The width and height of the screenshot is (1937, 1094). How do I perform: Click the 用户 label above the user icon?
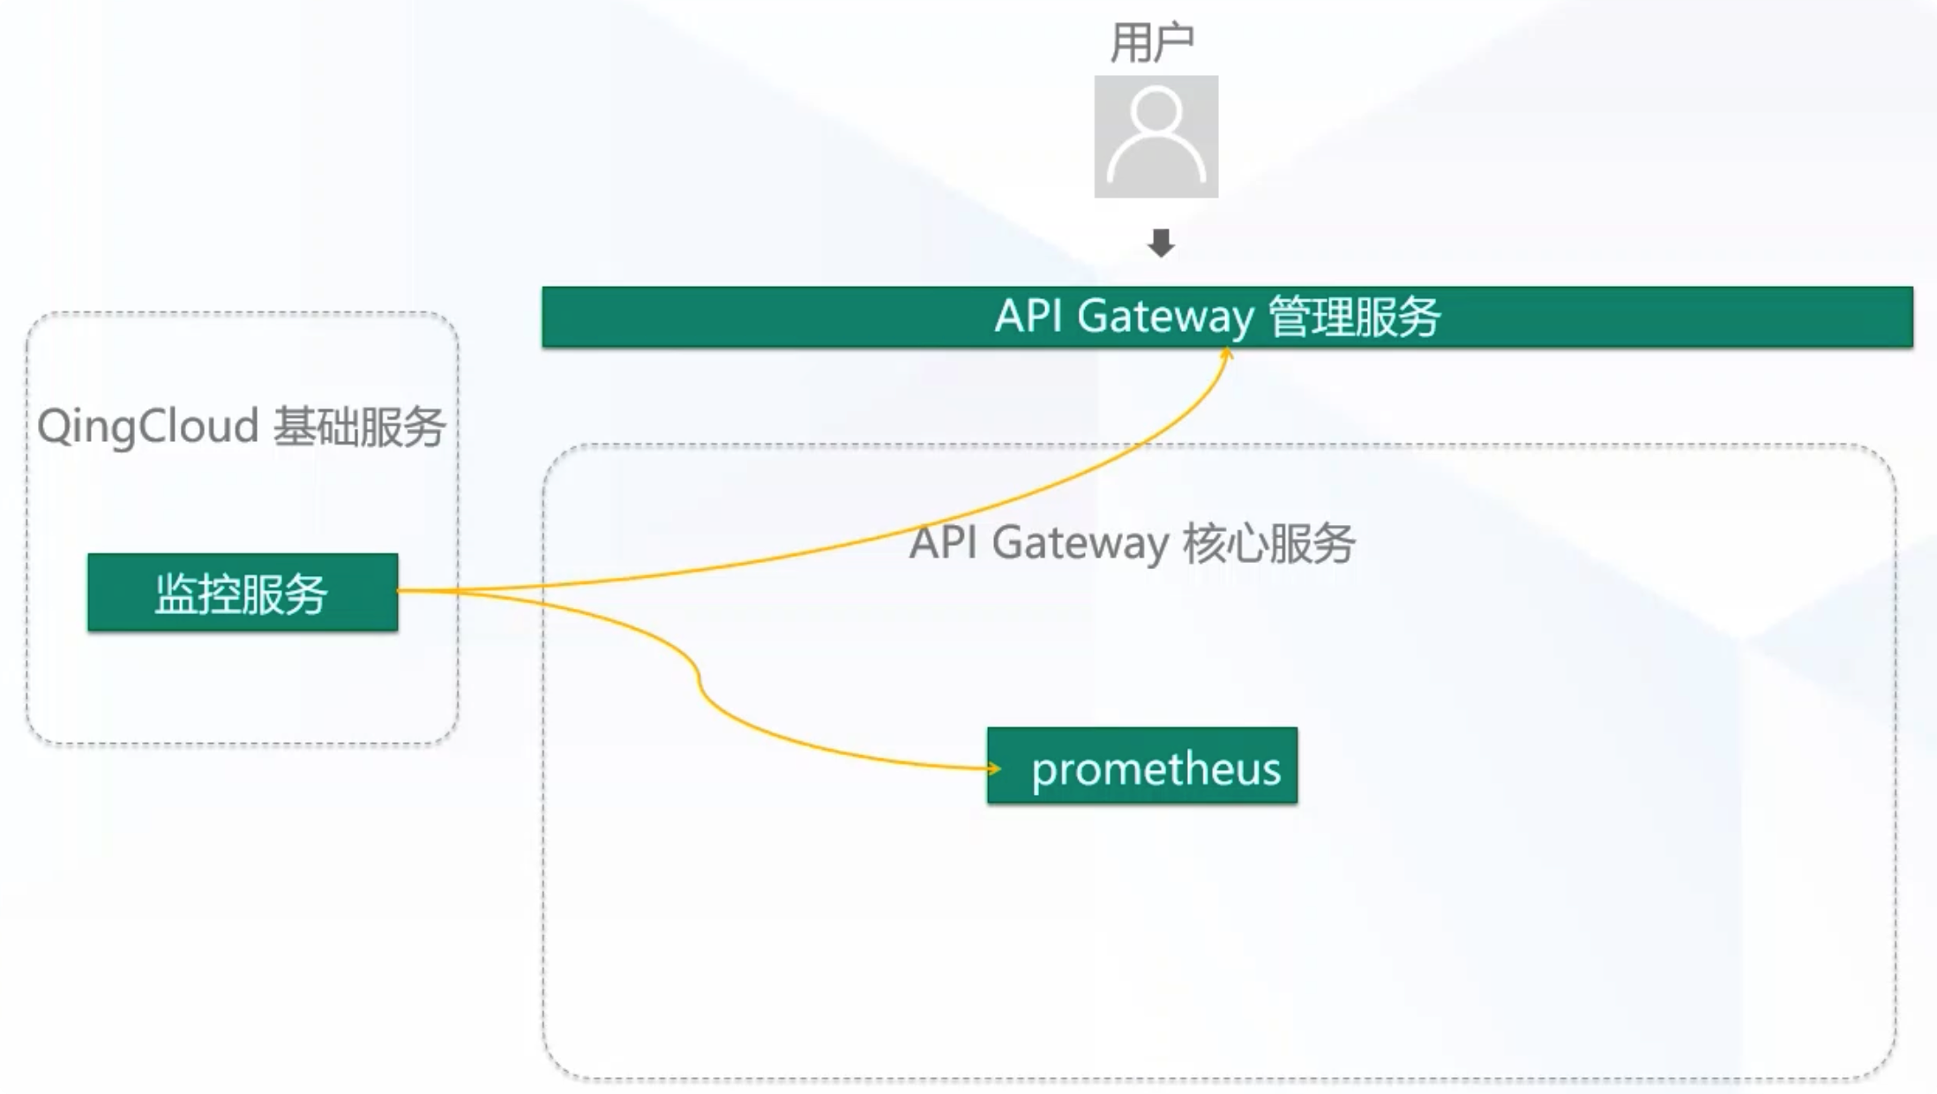click(x=1152, y=43)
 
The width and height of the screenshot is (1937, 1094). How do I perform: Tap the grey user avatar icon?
click(x=1155, y=137)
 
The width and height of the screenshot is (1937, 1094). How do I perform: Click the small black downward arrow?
click(x=1161, y=243)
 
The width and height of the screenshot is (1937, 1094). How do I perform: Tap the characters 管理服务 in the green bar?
click(x=1353, y=317)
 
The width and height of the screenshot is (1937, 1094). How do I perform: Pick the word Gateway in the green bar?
click(x=1164, y=317)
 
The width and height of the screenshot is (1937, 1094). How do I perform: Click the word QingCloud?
click(x=147, y=427)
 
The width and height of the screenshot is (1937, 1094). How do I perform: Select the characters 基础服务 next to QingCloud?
click(x=358, y=427)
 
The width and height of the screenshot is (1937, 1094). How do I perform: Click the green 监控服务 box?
click(x=243, y=593)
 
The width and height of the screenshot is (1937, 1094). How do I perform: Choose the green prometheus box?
click(x=1142, y=766)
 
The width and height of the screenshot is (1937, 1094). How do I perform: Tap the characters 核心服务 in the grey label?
click(x=1268, y=543)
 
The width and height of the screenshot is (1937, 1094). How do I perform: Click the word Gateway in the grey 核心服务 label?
click(x=1080, y=543)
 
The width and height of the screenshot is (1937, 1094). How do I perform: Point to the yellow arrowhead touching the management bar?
click(x=1227, y=354)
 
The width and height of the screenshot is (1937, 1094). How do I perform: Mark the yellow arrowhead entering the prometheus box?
click(x=994, y=768)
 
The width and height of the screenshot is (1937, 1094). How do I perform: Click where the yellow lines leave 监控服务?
click(x=400, y=590)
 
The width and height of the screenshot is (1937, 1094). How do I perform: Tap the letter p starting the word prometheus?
click(x=1043, y=771)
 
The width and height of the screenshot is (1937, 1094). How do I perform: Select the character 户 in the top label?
click(x=1173, y=43)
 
